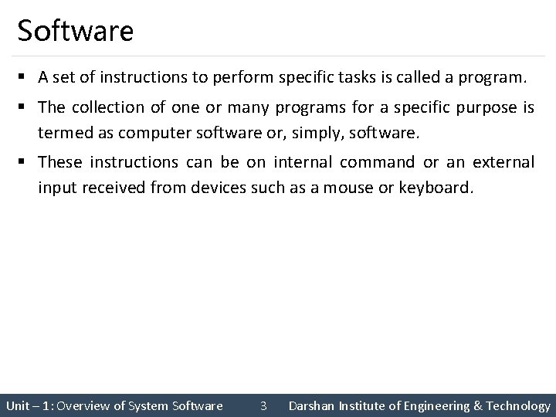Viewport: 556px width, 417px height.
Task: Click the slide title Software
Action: point(75,32)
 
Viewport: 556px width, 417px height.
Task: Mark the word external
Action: point(503,162)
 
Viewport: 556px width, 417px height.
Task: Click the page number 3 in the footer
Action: point(263,405)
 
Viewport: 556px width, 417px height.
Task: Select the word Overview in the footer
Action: point(83,405)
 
